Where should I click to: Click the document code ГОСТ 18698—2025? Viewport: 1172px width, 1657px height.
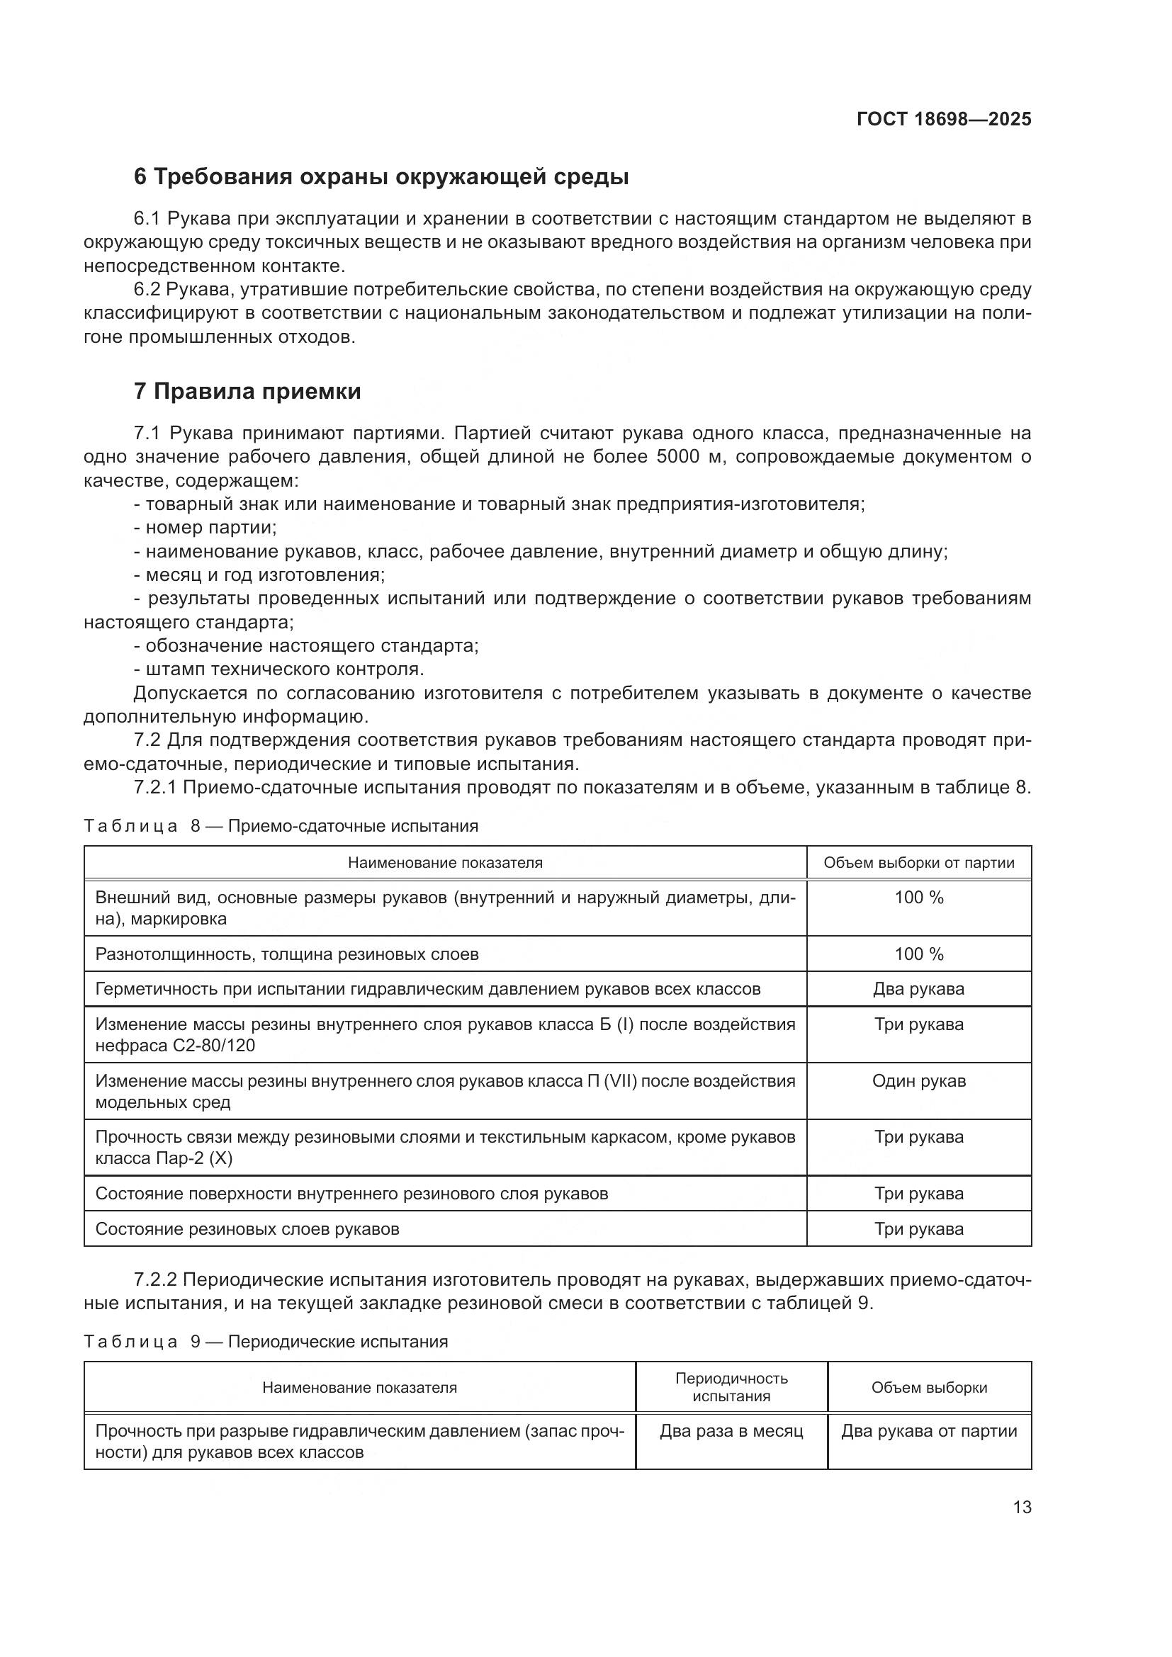pyautogui.click(x=944, y=120)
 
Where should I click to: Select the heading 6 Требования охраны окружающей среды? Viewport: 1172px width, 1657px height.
pyautogui.click(x=381, y=177)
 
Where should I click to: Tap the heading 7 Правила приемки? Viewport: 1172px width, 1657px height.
pyautogui.click(x=247, y=391)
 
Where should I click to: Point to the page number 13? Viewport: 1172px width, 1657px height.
pyautogui.click(x=1022, y=1507)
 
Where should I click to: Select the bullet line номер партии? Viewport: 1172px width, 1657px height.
pyautogui.click(x=205, y=528)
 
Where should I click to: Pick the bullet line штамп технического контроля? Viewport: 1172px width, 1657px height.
pyautogui.click(x=279, y=669)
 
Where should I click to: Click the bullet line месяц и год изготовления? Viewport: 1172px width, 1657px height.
pyautogui.click(x=260, y=575)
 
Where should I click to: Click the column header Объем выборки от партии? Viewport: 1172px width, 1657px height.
pyautogui.click(x=919, y=862)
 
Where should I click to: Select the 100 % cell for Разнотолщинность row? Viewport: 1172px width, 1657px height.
pyautogui.click(x=919, y=954)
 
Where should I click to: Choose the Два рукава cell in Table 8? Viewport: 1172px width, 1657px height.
pyautogui.click(x=919, y=989)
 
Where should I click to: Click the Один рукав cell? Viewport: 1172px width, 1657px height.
pyautogui.click(x=919, y=1081)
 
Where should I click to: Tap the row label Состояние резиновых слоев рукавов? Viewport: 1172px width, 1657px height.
pyautogui.click(x=247, y=1229)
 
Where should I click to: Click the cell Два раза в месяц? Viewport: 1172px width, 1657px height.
pyautogui.click(x=731, y=1431)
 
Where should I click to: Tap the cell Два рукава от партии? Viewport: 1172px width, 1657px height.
pyautogui.click(x=929, y=1431)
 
